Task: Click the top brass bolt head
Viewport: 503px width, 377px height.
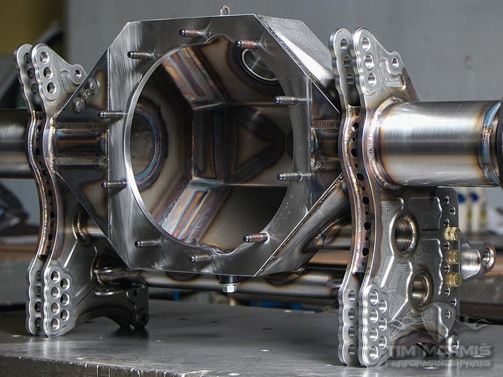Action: [x=452, y=234]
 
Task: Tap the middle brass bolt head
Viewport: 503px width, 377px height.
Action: [x=453, y=256]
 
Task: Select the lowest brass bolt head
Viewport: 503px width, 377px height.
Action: [x=453, y=278]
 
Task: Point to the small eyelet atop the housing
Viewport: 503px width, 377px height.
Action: [x=224, y=10]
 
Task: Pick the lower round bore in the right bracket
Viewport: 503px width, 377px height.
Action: [x=420, y=289]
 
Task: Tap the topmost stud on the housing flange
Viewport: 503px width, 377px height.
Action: [x=191, y=33]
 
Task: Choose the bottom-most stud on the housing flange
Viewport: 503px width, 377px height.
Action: [x=201, y=258]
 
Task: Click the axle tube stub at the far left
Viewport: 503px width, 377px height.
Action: [x=13, y=141]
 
